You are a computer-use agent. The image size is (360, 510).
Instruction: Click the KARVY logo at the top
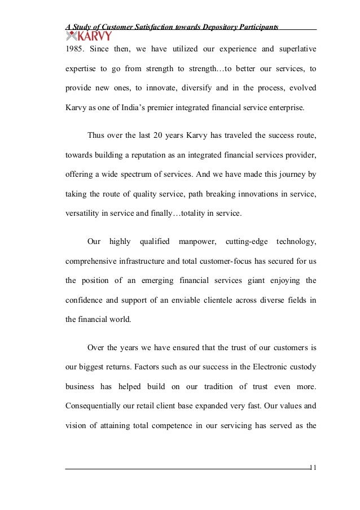click(89, 37)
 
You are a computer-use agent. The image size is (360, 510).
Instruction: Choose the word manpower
click(196, 242)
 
